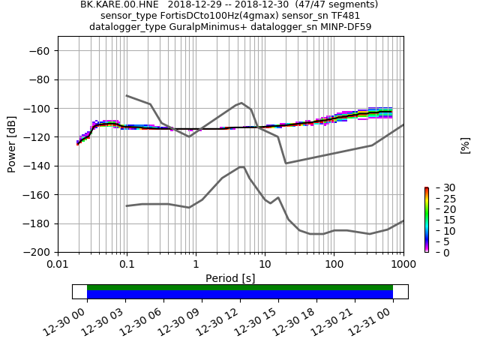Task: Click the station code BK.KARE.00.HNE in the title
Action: point(116,4)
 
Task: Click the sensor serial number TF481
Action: point(346,16)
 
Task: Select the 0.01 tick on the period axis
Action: point(58,265)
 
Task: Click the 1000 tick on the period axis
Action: point(403,265)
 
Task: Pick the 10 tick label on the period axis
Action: point(265,265)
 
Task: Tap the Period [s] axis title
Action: point(230,278)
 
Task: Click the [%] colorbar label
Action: point(465,145)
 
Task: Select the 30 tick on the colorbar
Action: point(439,187)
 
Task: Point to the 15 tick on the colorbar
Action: point(439,220)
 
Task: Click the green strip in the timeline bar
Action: point(240,287)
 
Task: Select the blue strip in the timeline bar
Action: point(240,295)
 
